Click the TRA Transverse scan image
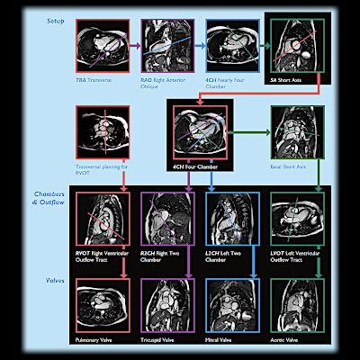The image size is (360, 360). [x=102, y=48]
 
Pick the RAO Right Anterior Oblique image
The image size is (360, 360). [x=168, y=48]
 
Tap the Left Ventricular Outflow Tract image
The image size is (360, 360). [x=298, y=219]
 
